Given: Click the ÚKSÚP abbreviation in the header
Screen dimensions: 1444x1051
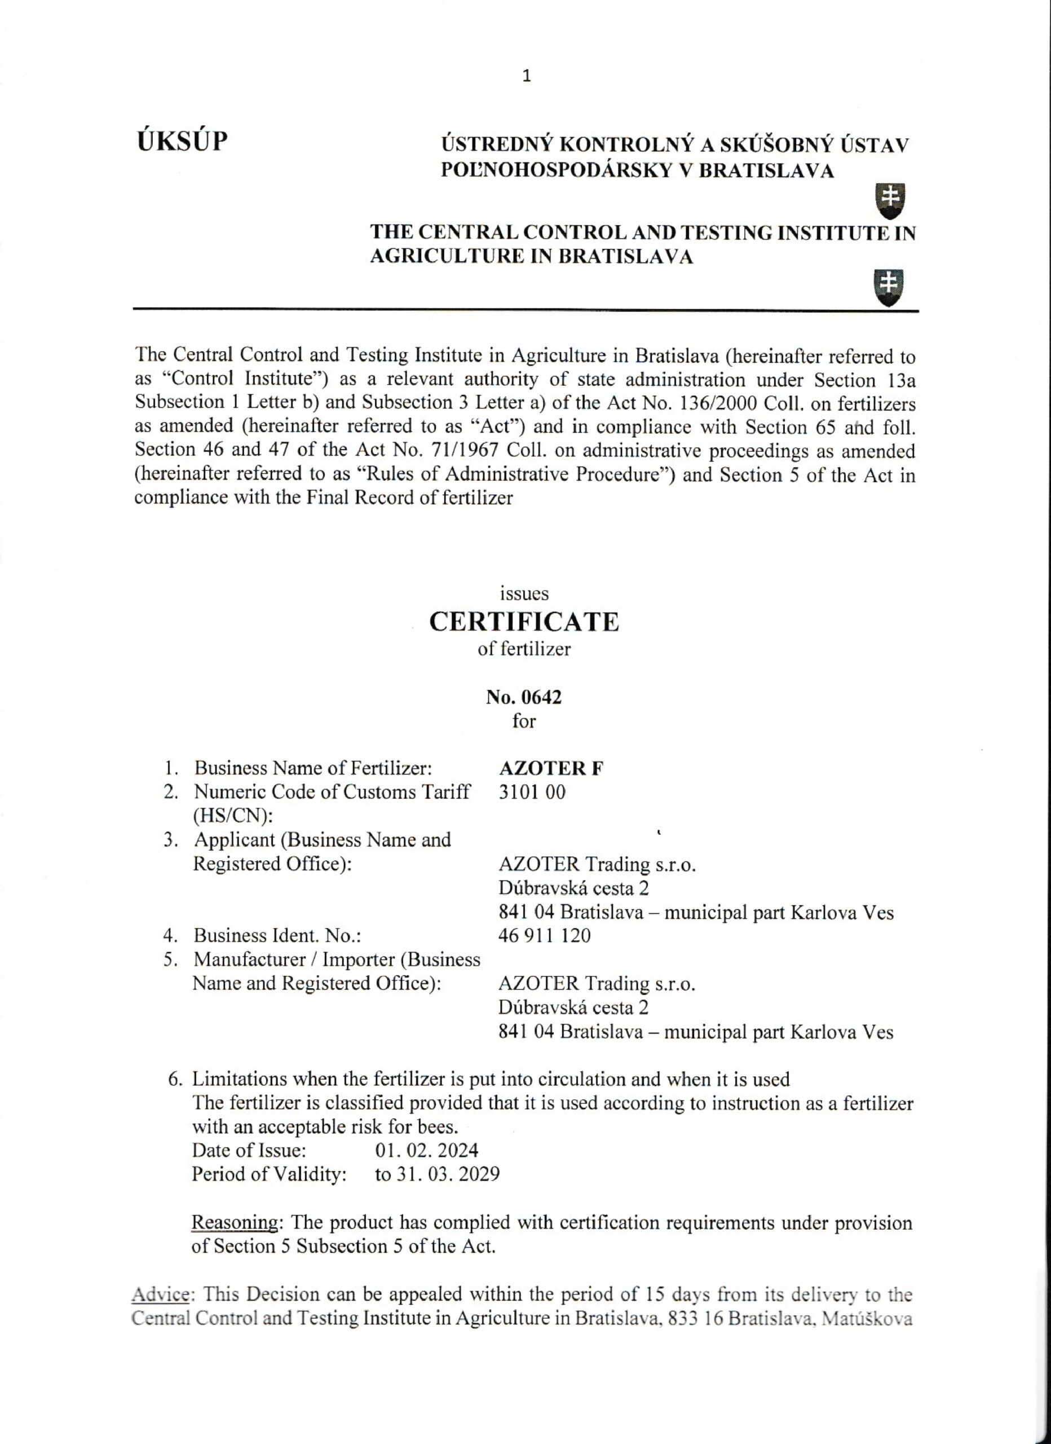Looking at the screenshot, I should click(x=183, y=142).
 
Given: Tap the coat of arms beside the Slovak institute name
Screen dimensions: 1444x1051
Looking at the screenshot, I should click(x=890, y=201).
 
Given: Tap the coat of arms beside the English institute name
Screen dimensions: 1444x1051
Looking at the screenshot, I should click(x=890, y=287).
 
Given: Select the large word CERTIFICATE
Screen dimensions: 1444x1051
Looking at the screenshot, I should click(x=524, y=622).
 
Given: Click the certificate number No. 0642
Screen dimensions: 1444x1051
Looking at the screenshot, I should click(x=524, y=697).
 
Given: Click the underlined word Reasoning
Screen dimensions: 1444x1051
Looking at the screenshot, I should click(x=234, y=1222).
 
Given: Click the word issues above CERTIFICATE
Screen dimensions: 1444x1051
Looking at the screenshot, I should click(x=524, y=593).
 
